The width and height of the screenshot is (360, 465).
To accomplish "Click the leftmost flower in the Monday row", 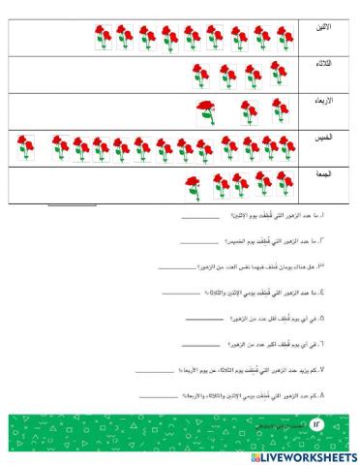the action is point(103,38).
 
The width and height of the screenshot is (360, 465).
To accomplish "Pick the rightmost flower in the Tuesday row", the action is point(279,76).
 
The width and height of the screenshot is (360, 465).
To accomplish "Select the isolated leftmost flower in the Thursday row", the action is point(26,147).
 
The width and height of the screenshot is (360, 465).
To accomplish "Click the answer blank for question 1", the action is point(199,218).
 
